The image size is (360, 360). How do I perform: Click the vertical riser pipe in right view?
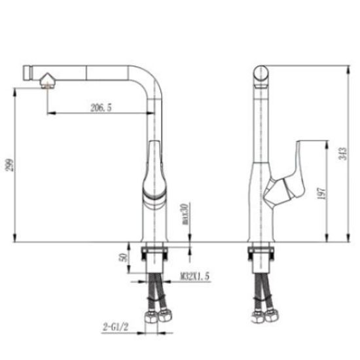coord(260,131)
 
